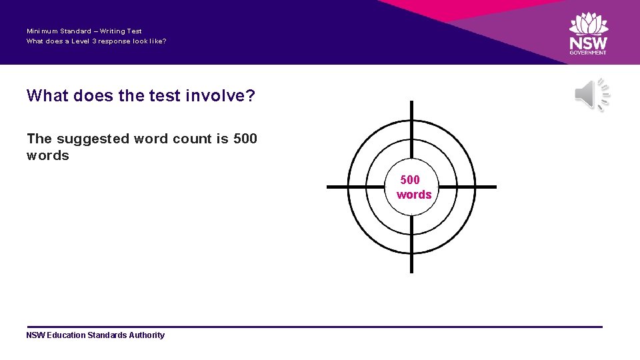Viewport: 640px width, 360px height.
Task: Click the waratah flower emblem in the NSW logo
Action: [x=588, y=24]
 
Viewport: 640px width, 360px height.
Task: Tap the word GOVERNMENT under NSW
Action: [x=588, y=53]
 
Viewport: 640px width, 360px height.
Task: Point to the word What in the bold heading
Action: [x=48, y=96]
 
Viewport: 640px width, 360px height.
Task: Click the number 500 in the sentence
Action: [x=245, y=139]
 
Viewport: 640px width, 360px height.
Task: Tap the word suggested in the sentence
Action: [x=93, y=139]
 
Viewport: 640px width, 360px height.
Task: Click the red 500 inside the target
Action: [x=410, y=180]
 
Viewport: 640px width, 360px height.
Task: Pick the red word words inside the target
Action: [x=414, y=195]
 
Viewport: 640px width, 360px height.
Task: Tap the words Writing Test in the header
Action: [x=121, y=31]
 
